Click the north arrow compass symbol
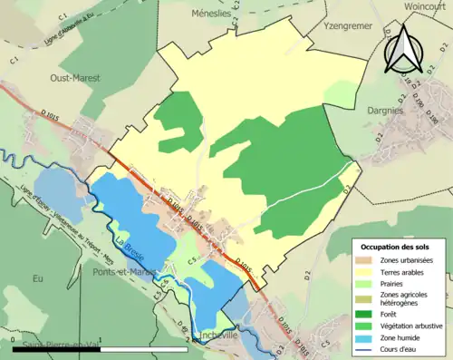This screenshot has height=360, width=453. click(x=405, y=49)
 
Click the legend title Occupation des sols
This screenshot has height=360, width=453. click(x=395, y=247)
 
